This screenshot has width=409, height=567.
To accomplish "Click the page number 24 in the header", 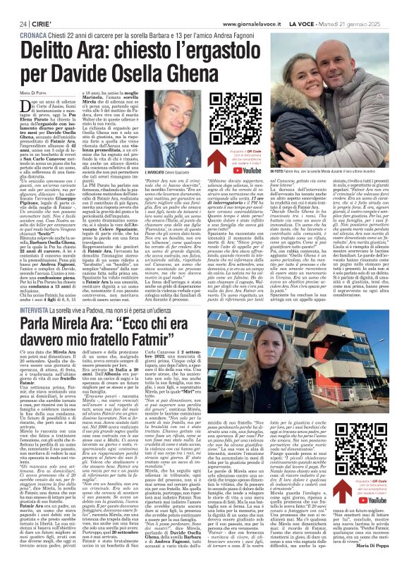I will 13,6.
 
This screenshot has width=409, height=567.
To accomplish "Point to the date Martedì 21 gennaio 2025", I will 364,6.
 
